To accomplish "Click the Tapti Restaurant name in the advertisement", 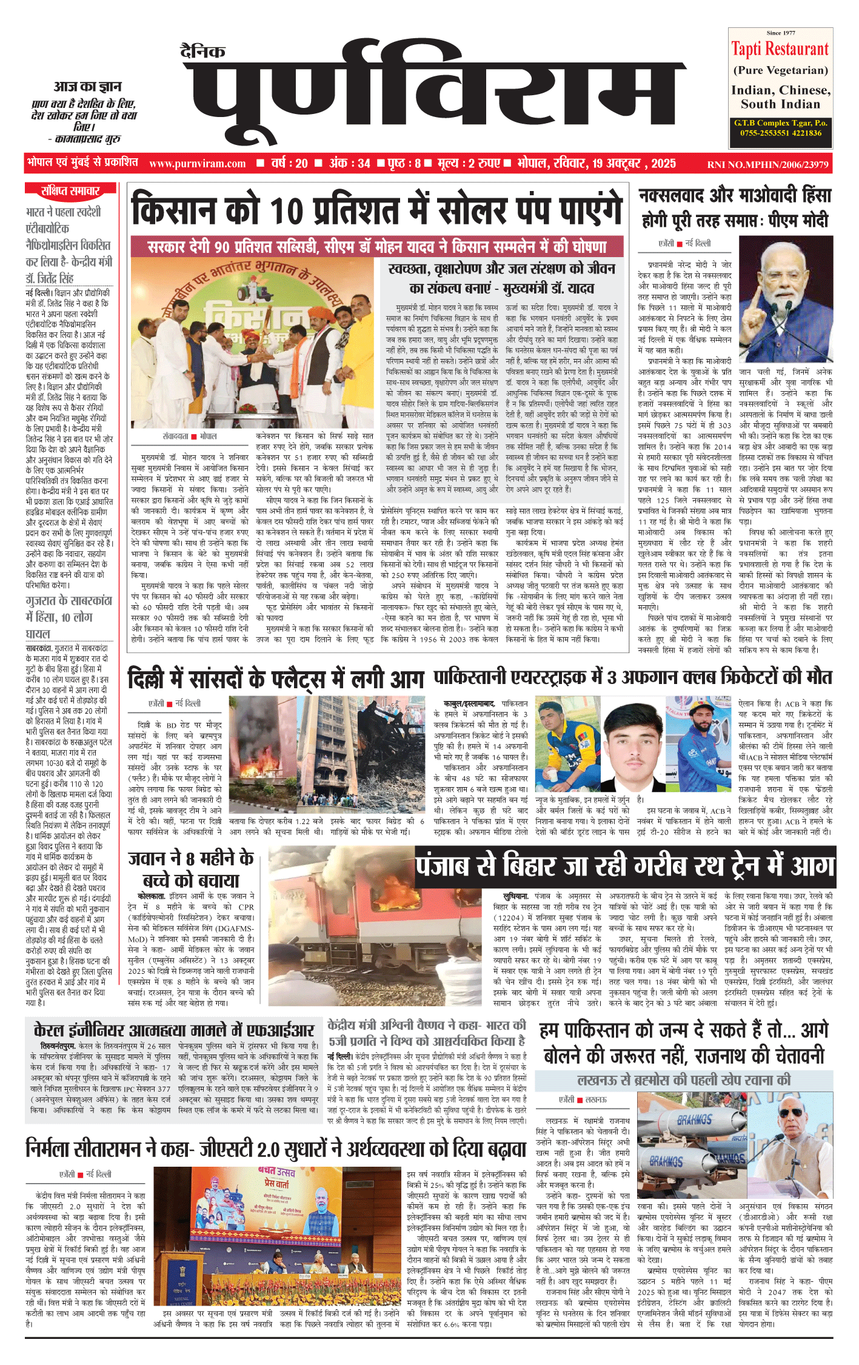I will (780, 49).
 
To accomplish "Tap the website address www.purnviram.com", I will (197, 164).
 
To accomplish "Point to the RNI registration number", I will (767, 164).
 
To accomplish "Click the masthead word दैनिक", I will (202, 52).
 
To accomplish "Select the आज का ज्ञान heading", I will (87, 87).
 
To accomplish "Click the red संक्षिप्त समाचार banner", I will (70, 192).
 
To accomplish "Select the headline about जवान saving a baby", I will (192, 870).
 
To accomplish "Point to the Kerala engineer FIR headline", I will (174, 1031).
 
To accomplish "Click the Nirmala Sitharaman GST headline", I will (276, 1149).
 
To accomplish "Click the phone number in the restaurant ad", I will (781, 133).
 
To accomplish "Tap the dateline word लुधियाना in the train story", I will (516, 896).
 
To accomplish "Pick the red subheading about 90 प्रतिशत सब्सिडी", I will (376, 247).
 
